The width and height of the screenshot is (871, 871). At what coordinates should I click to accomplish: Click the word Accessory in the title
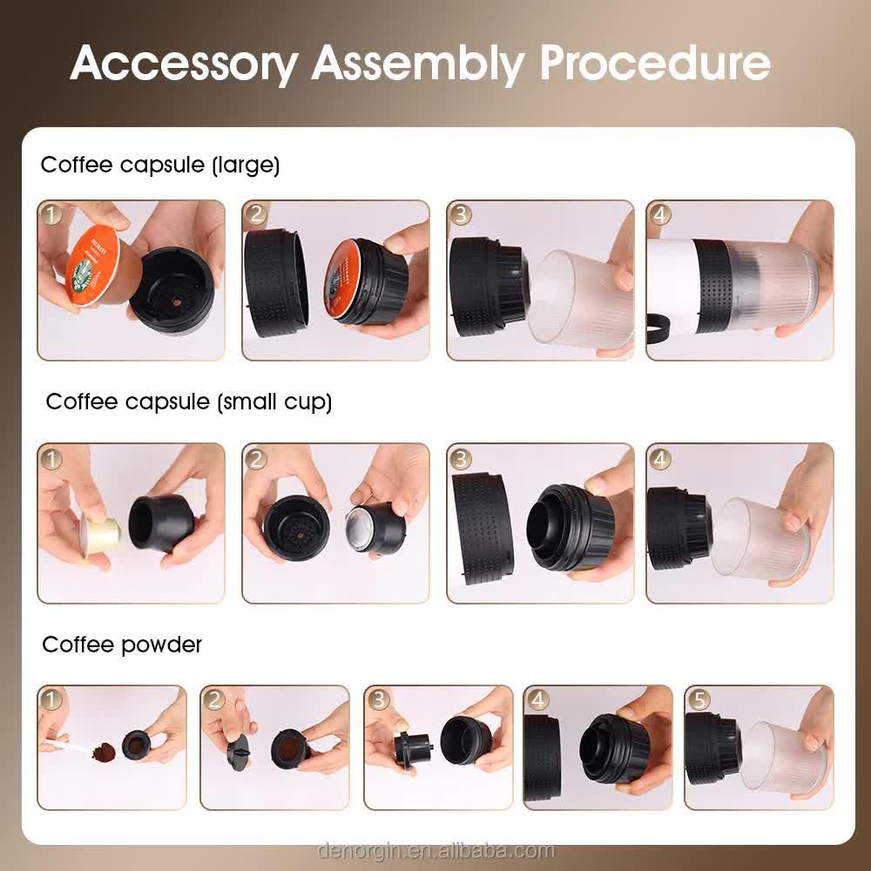coord(183,62)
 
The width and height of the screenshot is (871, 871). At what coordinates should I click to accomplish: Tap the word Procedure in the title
coord(653,62)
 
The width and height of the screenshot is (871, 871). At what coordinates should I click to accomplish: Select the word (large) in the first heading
coord(246,165)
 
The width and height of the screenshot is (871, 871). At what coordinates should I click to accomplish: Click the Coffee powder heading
coord(122,645)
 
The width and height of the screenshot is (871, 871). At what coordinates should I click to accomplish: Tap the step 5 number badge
coord(699,699)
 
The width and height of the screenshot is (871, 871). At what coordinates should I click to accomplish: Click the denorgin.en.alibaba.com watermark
coord(435,850)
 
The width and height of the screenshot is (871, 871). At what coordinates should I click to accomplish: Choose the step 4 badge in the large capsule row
coord(659,214)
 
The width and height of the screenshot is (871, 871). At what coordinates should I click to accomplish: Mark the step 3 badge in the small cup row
coord(461,458)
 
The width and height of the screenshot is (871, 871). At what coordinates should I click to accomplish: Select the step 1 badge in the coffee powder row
coord(51,699)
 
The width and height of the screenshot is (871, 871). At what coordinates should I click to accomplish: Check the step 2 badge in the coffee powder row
coord(214,699)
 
